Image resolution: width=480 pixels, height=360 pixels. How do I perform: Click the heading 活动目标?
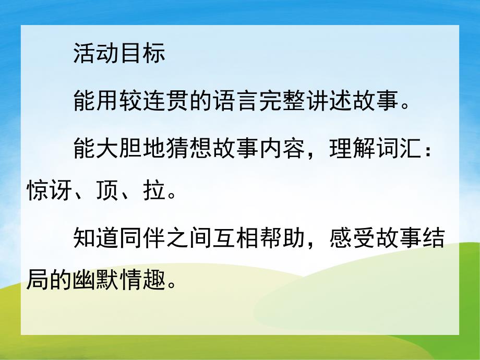[x=119, y=54]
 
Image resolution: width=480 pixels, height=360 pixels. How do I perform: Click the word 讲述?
[x=326, y=100]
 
